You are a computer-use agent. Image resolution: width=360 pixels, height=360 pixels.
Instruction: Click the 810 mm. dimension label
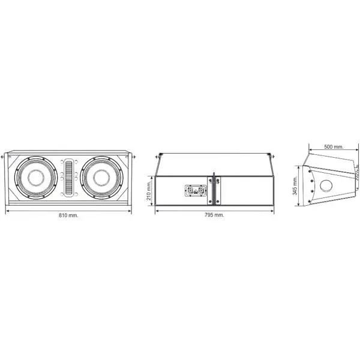pos(68,215)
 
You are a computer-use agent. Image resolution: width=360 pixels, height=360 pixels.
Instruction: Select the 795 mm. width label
pos(214,215)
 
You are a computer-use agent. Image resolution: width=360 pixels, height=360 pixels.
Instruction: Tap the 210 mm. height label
pos(149,190)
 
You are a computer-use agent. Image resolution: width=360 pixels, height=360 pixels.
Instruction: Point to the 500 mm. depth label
pos(334,147)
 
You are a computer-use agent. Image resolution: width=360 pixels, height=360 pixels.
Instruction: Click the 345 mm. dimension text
pos(295,185)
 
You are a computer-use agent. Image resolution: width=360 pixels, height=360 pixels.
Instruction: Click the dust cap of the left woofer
pos(36,178)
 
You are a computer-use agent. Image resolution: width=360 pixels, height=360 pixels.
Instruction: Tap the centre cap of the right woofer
pos(101,178)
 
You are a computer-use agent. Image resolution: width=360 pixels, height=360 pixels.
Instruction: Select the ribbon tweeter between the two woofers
pos(68,178)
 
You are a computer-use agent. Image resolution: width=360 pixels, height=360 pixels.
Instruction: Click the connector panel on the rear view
pos(196,191)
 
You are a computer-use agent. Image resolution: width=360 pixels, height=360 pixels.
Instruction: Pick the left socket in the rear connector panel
pos(190,191)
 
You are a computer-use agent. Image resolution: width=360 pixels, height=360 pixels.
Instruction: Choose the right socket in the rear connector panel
pos(201,191)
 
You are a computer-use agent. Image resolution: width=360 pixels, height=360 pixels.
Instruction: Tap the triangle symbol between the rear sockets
pos(196,192)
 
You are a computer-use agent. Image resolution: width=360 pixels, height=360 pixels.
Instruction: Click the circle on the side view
pos(326,185)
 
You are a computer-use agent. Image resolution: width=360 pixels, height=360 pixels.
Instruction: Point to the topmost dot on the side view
pos(310,171)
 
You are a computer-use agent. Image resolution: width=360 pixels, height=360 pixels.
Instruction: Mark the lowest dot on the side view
pos(309,202)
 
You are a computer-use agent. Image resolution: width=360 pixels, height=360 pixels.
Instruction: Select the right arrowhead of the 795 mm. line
pos(272,211)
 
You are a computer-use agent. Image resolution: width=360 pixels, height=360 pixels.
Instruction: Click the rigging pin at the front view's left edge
pos(3,157)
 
